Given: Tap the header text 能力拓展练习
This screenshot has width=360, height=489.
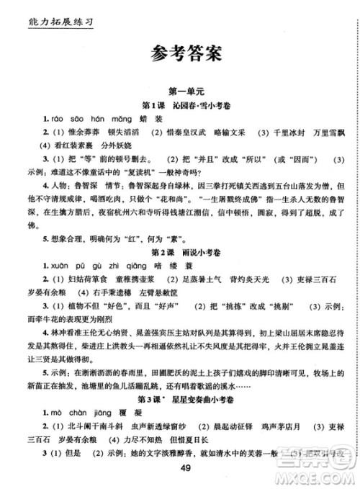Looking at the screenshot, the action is (x=50, y=14).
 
